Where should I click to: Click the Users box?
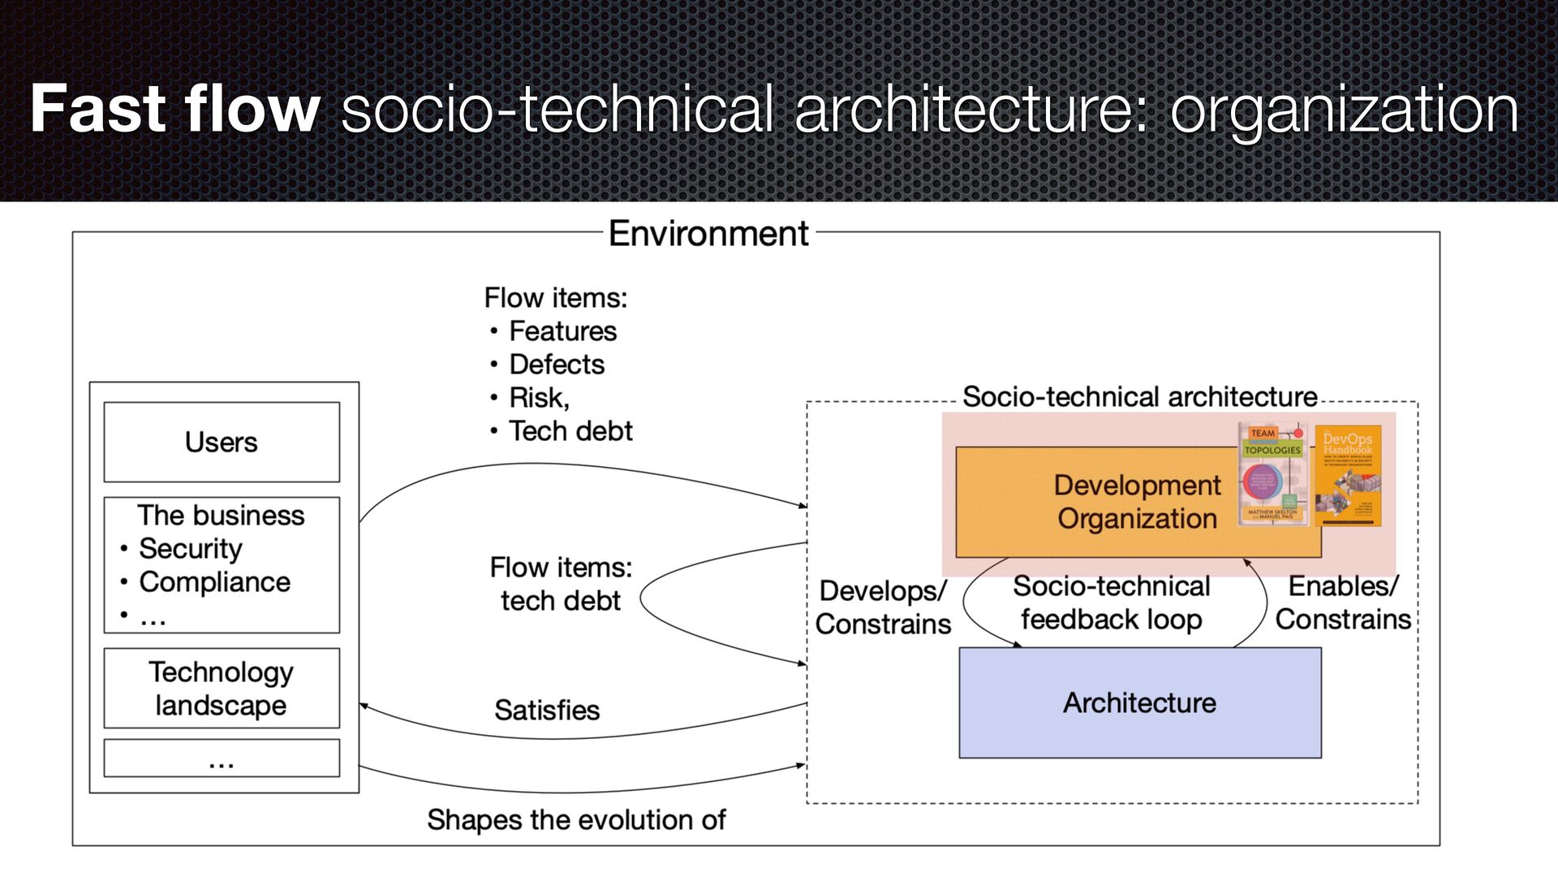[x=222, y=442]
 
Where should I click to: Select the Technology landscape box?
[x=222, y=688]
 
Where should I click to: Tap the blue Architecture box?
[x=1139, y=702]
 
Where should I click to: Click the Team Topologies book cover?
[x=1272, y=473]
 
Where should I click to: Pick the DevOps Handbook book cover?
[x=1348, y=475]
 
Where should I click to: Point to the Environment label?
[x=708, y=234]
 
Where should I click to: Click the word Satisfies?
[x=547, y=710]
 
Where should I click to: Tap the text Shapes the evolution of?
[x=576, y=819]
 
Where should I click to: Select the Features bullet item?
[x=562, y=331]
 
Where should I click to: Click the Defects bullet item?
[x=557, y=365]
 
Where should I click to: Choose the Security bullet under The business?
[x=190, y=549]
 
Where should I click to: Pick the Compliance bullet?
[x=214, y=582]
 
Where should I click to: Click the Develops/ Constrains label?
[x=883, y=607]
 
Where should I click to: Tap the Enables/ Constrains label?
[x=1343, y=603]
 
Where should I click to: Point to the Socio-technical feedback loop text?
[x=1111, y=603]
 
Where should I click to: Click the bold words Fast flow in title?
[x=174, y=109]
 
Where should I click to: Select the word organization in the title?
[x=1344, y=109]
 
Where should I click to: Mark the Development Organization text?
[x=1137, y=502]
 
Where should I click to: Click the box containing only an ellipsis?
[x=222, y=758]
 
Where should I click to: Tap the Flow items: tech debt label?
[x=561, y=584]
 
